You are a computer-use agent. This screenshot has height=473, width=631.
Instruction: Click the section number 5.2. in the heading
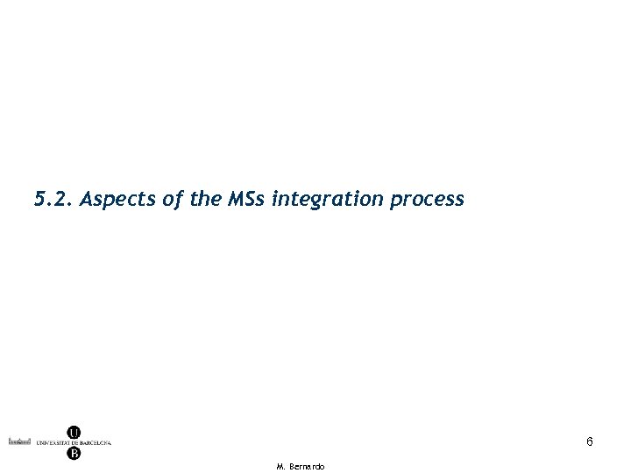coord(53,200)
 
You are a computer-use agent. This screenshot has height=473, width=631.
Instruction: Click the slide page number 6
coord(590,442)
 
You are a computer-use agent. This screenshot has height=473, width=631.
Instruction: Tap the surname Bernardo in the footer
coord(306,467)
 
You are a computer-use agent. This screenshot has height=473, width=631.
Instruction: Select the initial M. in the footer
coord(281,467)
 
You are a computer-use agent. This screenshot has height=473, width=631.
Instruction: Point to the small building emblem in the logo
coord(20,442)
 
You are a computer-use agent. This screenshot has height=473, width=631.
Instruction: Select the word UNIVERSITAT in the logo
coord(54,442)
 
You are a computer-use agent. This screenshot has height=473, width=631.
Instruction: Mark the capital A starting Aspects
coord(86,200)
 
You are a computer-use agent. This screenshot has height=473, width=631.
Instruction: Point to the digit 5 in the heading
coord(39,200)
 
